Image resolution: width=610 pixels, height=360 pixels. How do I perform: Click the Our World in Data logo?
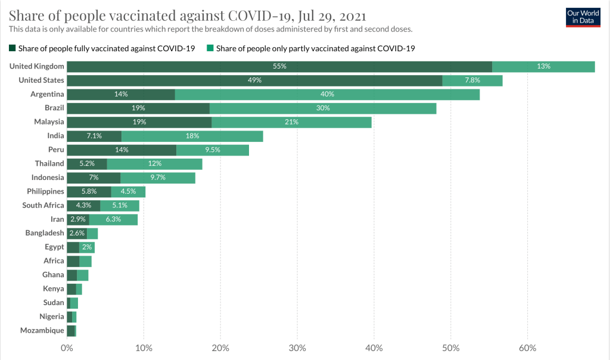[x=583, y=17]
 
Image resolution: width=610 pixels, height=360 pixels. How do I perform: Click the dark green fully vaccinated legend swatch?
[x=12, y=49]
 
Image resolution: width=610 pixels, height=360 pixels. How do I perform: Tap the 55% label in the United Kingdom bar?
[x=279, y=66]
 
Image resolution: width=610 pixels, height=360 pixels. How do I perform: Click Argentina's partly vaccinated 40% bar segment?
[x=327, y=94]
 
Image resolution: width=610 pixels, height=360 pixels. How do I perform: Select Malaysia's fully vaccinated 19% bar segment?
[x=139, y=122]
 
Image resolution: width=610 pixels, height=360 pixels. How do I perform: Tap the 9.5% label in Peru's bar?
[x=212, y=150]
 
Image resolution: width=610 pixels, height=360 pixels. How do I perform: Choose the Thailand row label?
[x=49, y=163]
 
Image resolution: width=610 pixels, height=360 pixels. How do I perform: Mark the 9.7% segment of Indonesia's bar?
[x=158, y=178]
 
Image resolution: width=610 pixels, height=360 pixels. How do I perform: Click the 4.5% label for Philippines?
[x=128, y=191]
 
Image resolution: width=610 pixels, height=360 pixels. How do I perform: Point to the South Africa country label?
[x=43, y=205]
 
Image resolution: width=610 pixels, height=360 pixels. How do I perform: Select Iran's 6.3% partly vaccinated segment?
[x=113, y=219]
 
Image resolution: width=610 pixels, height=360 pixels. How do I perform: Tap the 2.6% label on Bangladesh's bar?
[x=77, y=233]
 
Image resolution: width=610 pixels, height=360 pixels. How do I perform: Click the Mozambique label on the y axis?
[x=42, y=330]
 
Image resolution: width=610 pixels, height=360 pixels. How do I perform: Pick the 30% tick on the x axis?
[x=297, y=348]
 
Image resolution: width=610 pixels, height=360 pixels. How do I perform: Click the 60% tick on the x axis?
[x=527, y=348]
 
